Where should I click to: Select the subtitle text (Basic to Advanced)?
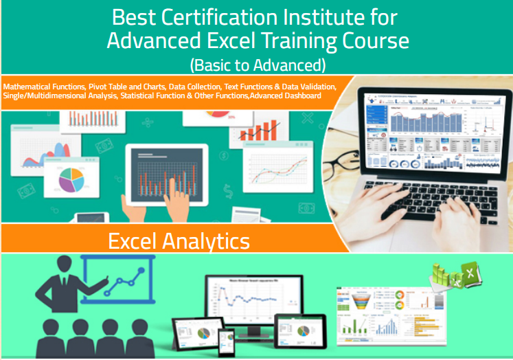tap(257, 65)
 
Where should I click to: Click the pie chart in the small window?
tap(72, 180)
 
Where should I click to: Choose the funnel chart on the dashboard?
tap(360, 298)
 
